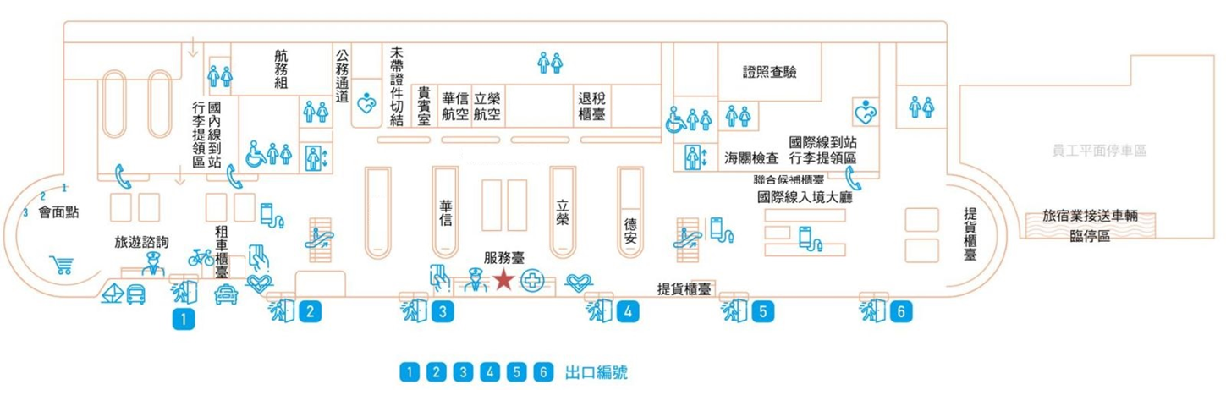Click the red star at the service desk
[503, 280]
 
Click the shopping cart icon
[62, 266]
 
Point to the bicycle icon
[201, 256]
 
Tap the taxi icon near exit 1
[226, 295]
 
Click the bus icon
[135, 295]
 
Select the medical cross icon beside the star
[533, 283]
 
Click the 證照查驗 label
[769, 73]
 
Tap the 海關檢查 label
[751, 158]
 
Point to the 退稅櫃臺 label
[591, 107]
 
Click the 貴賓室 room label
[425, 107]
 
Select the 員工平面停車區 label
[1098, 151]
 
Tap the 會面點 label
[58, 212]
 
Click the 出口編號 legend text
[596, 372]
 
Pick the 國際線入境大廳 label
[804, 197]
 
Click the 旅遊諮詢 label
[141, 242]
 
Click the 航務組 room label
[281, 69]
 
